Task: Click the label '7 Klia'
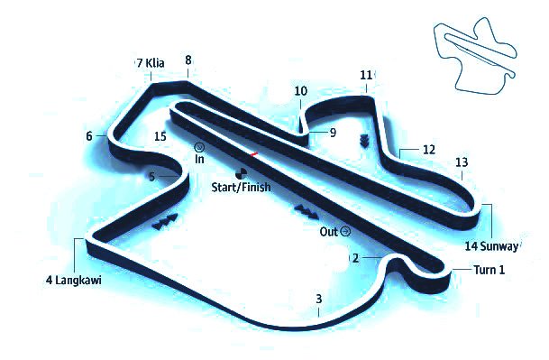(x=152, y=63)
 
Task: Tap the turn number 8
(x=188, y=61)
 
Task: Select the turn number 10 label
(x=300, y=91)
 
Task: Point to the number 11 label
(x=365, y=75)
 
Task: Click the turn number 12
(x=429, y=149)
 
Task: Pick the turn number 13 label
(x=462, y=162)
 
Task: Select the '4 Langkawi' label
(x=74, y=280)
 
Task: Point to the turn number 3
(x=318, y=300)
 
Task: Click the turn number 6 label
(x=89, y=136)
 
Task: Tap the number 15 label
(x=160, y=137)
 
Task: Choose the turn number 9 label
(x=333, y=133)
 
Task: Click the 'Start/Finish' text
(x=241, y=188)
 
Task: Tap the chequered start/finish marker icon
(x=241, y=174)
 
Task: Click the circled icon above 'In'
(x=200, y=145)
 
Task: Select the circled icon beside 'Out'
(x=345, y=232)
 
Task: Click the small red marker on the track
(x=254, y=154)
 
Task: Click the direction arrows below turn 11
(x=363, y=141)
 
